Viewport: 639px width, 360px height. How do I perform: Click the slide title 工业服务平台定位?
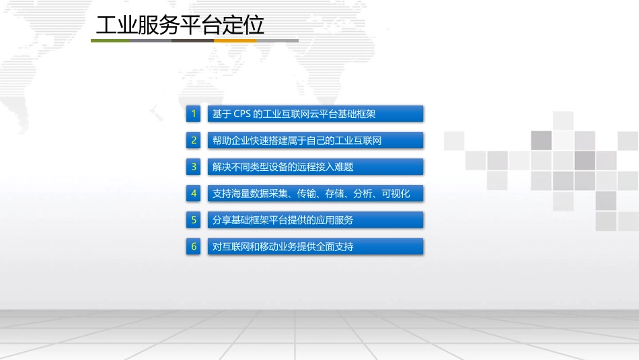[x=180, y=26]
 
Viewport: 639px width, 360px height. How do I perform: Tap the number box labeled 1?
[x=194, y=114]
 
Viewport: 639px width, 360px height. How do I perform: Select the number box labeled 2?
[x=194, y=140]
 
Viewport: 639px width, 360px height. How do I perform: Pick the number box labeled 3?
[x=194, y=167]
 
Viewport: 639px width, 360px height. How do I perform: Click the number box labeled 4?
[x=194, y=193]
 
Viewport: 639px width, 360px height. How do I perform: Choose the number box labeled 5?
[x=194, y=220]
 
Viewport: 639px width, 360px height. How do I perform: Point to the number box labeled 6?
[x=194, y=246]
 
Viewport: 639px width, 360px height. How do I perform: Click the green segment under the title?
[x=110, y=40]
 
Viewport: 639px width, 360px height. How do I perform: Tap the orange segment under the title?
[x=235, y=40]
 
